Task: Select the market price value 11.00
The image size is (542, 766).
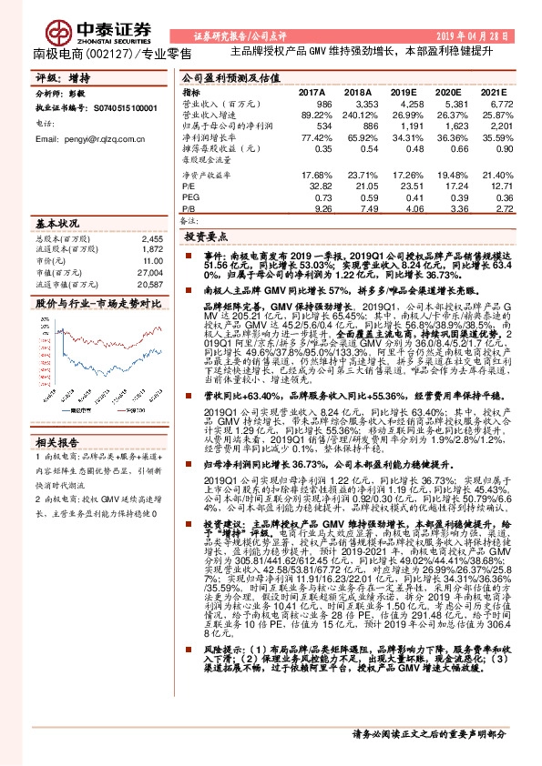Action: [154, 261]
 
